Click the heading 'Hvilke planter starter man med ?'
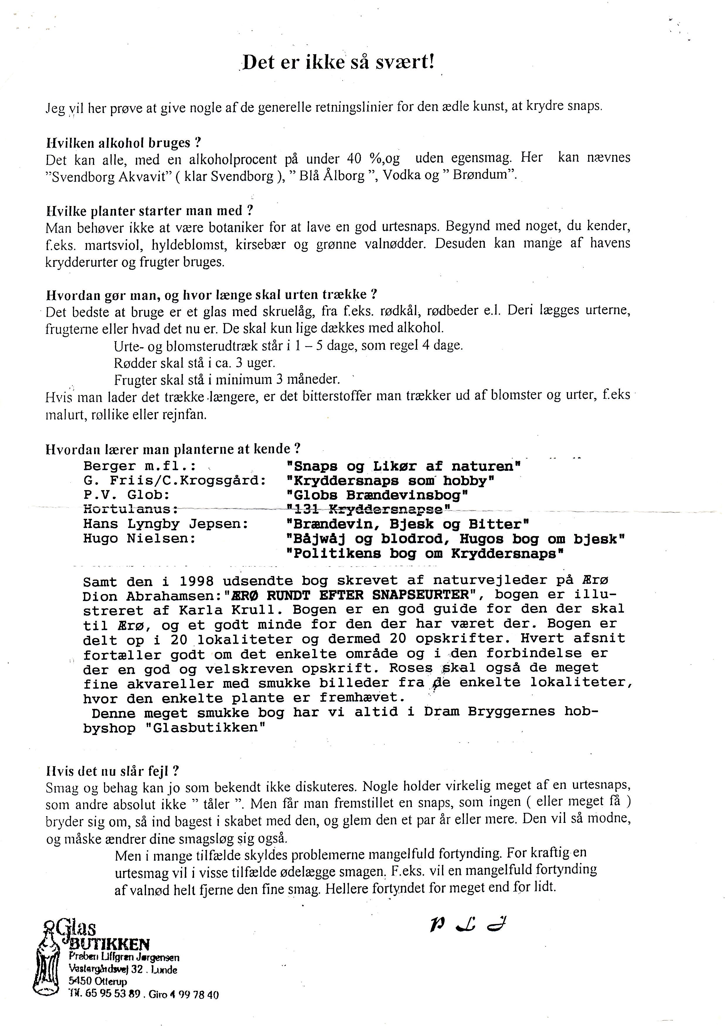click(x=150, y=210)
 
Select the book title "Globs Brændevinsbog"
click(x=377, y=495)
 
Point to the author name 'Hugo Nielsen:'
click(x=140, y=538)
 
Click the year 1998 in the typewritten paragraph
click(x=196, y=581)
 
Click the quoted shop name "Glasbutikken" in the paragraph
click(x=206, y=728)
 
